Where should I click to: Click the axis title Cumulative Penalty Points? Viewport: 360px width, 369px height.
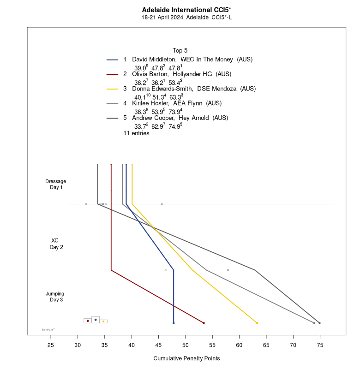click(186, 358)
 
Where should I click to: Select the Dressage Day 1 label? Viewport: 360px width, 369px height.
click(56, 184)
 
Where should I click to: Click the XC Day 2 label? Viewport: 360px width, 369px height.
click(56, 244)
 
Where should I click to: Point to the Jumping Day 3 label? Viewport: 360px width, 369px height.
click(55, 297)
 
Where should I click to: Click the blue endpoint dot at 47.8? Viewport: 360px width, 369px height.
click(174, 323)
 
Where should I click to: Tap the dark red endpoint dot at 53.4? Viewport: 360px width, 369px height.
click(204, 323)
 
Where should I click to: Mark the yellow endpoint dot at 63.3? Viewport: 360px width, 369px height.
click(257, 323)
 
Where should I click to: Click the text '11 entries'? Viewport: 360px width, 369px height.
click(136, 133)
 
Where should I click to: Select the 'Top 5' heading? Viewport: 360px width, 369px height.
click(180, 50)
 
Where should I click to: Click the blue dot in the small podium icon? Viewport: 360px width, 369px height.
click(96, 320)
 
